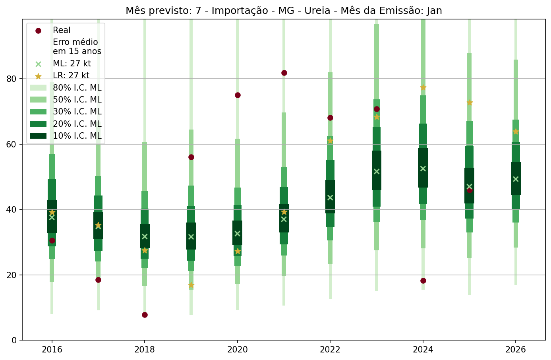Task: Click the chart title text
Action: [284, 11]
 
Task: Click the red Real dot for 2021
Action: [284, 73]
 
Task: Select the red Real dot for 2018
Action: [145, 315]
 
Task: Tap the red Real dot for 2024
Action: [423, 281]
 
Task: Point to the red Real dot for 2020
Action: [238, 95]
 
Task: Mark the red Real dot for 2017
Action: [98, 280]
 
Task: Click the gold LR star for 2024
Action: [423, 87]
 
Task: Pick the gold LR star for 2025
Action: [470, 103]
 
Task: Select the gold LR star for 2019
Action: [191, 285]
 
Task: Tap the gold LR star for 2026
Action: [516, 132]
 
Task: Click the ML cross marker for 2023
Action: [377, 171]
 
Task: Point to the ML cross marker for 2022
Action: [330, 197]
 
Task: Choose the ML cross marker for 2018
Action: [145, 236]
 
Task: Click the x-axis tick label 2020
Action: [238, 350]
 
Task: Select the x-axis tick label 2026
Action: [516, 350]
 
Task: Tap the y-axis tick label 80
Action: [12, 79]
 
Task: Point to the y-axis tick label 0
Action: [14, 340]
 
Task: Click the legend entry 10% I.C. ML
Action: [77, 136]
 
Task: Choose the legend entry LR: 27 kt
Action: [71, 75]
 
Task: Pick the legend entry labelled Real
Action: [62, 30]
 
